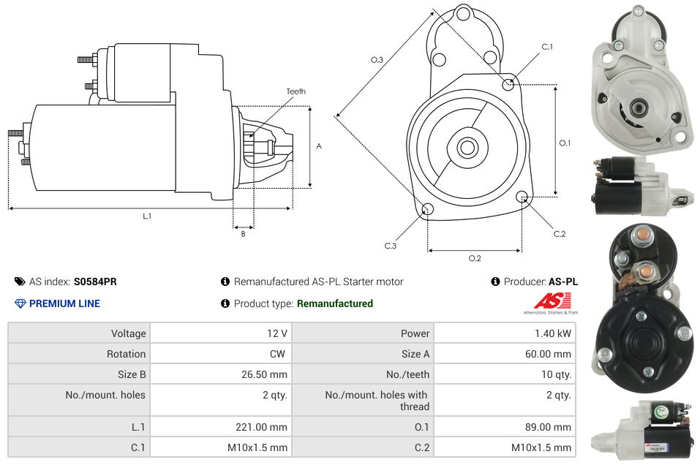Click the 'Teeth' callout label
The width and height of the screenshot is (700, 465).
point(296,91)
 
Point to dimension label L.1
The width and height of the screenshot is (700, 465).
point(147,216)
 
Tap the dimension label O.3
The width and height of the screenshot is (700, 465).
point(377,60)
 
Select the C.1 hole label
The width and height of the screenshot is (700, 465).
point(546,47)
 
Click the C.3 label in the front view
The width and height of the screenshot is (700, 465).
point(391,246)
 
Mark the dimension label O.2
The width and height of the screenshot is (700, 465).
point(475,258)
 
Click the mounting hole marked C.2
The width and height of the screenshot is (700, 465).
point(522,197)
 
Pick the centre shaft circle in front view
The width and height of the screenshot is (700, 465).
point(467,148)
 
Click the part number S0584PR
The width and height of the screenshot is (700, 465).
point(95,281)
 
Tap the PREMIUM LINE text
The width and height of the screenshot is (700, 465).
point(64,303)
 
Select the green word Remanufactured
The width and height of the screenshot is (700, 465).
point(335,303)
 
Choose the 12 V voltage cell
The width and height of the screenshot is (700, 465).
point(276,333)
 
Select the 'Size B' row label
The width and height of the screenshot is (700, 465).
point(127,374)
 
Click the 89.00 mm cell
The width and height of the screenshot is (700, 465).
point(548,427)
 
